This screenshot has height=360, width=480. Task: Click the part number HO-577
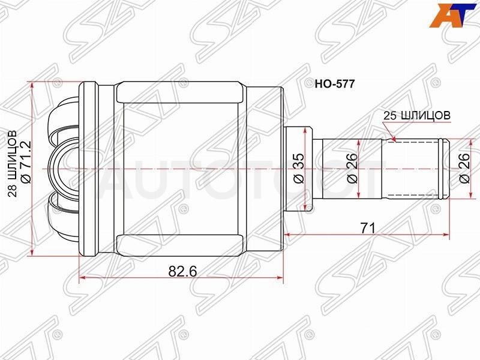(x=335, y=83)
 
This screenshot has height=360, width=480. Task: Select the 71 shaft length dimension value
(x=367, y=228)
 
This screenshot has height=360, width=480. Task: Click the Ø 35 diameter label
(x=299, y=168)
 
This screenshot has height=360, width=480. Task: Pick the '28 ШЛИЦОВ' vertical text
(x=13, y=163)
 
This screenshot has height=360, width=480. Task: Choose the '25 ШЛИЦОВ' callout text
(x=417, y=115)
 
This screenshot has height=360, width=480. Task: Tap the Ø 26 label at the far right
(x=464, y=168)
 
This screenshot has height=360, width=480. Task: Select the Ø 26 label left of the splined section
(x=353, y=168)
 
